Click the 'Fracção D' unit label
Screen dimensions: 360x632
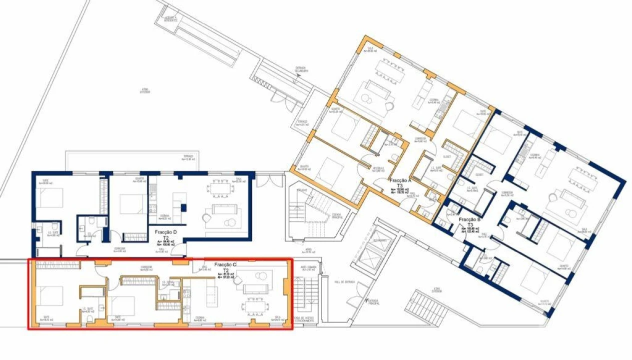165,232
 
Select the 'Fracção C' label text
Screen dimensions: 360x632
225,264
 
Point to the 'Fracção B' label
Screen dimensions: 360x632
469,219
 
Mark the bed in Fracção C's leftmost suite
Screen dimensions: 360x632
50,295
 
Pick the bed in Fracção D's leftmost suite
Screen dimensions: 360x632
49,197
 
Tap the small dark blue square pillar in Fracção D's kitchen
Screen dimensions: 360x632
183,207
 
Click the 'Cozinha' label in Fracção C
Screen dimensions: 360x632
200,317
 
